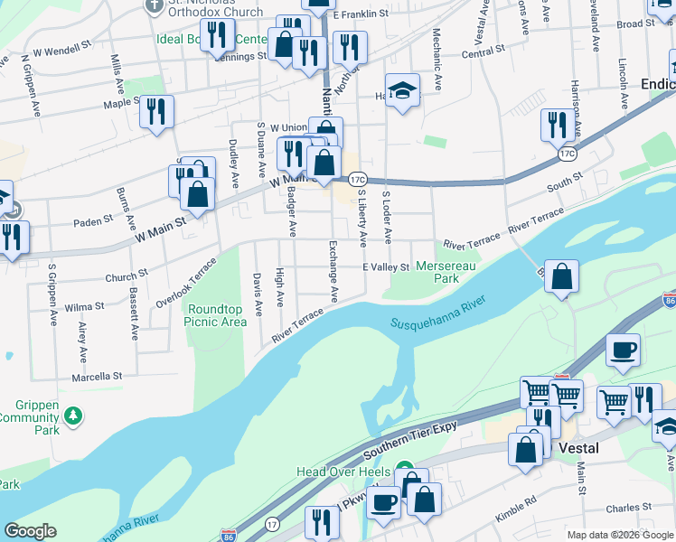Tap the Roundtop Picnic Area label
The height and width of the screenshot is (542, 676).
216,315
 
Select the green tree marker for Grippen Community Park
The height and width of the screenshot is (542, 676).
73,416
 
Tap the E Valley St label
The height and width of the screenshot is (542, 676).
387,266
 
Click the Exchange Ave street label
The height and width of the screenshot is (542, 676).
333,271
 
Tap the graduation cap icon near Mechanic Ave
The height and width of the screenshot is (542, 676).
403,90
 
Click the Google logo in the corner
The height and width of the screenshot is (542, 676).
31,531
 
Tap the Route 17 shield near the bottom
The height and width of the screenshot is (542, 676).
272,524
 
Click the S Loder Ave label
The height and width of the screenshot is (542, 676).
388,218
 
